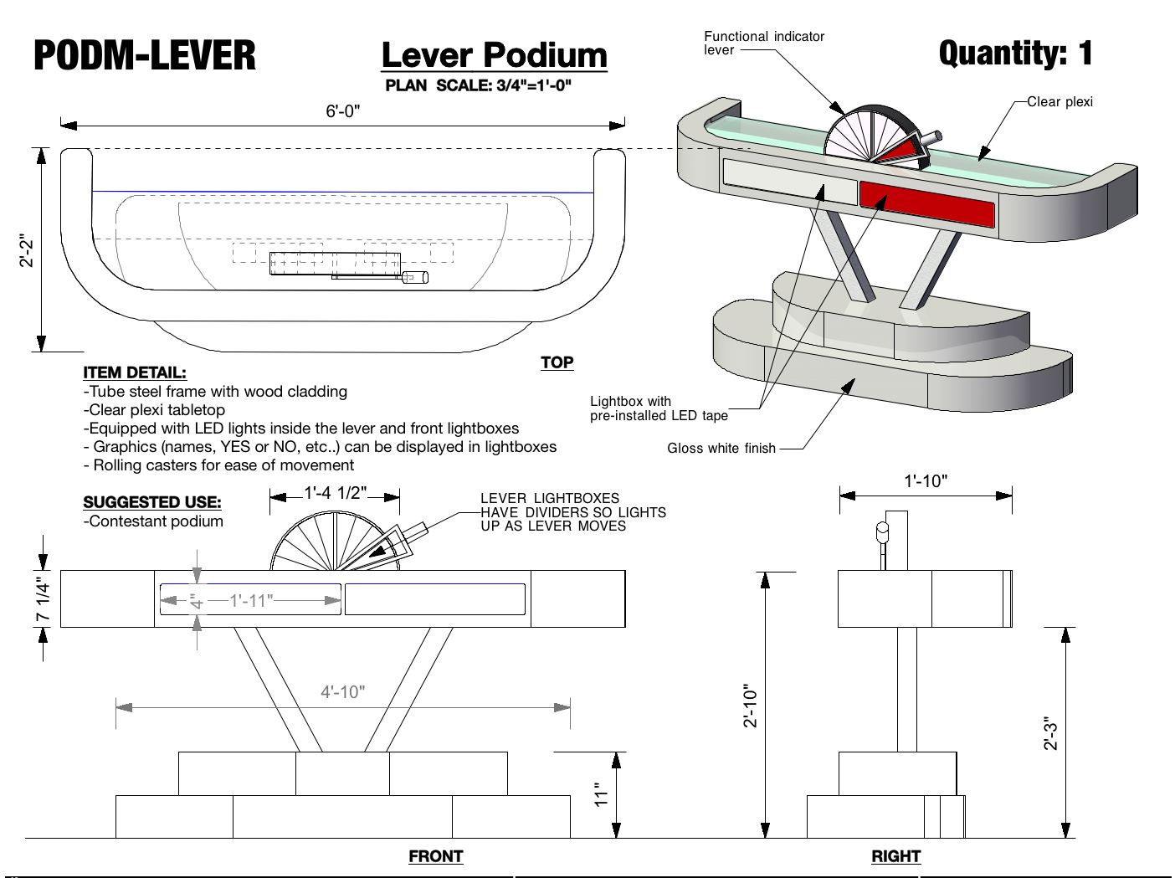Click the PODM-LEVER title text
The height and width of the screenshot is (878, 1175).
coord(145,55)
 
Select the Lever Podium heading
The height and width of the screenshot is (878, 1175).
coord(494,55)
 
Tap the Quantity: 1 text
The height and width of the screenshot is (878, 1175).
coord(1015,54)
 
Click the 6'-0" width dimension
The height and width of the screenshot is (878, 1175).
coord(342,111)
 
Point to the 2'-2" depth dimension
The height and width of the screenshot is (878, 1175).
coord(28,249)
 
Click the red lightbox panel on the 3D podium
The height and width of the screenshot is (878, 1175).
coord(926,205)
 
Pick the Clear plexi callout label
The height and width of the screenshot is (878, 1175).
coord(1060,102)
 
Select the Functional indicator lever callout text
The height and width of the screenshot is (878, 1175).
coord(763,43)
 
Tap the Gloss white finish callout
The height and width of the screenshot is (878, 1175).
coord(721,449)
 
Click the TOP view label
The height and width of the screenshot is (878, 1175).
coord(557,362)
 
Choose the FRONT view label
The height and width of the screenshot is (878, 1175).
coord(435,856)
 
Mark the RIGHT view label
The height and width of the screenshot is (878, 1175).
coord(895,856)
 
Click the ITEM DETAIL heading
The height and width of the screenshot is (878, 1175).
coord(135,372)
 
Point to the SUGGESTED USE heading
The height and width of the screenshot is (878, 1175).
coord(152,502)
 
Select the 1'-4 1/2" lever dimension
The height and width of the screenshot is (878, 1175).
coord(335,493)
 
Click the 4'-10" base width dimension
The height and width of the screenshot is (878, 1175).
coord(343,692)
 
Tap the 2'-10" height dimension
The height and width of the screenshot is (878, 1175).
coord(751,706)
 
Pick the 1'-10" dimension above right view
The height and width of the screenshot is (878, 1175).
coord(926,481)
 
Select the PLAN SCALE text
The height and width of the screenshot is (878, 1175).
coord(479,85)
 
